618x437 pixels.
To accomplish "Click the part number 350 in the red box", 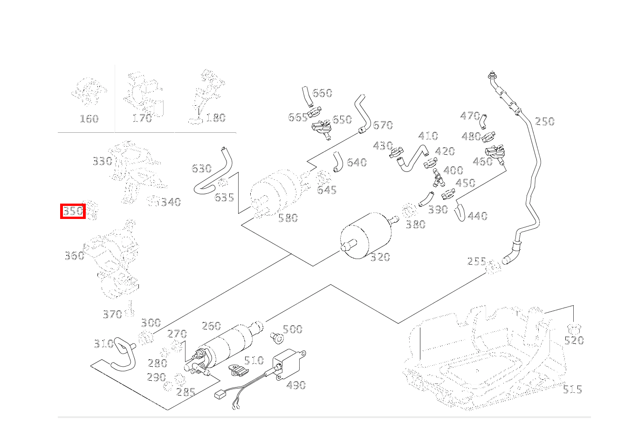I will click(x=73, y=211).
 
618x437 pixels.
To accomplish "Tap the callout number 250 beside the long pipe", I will click(x=544, y=122).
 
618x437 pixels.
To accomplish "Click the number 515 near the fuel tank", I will click(x=572, y=389).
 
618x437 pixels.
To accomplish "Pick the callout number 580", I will click(x=288, y=218).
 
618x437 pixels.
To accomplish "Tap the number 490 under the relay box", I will click(x=296, y=385).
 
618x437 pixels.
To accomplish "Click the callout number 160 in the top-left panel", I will click(x=89, y=119).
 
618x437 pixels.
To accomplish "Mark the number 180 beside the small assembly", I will click(x=215, y=118).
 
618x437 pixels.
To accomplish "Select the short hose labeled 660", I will click(x=306, y=95).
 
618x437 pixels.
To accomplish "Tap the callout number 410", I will click(x=428, y=136).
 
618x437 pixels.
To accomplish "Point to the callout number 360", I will click(x=74, y=255).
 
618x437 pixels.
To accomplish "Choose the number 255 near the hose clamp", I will click(x=477, y=261).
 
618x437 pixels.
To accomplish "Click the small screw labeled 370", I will click(x=130, y=308).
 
